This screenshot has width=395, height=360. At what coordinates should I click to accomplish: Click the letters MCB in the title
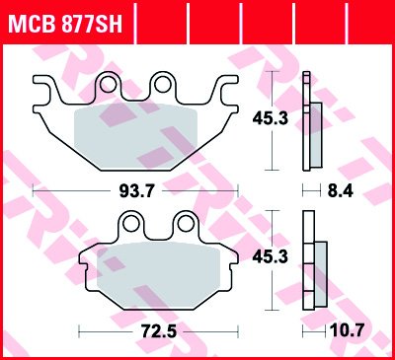30,21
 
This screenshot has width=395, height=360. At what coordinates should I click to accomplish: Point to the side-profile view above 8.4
312,121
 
